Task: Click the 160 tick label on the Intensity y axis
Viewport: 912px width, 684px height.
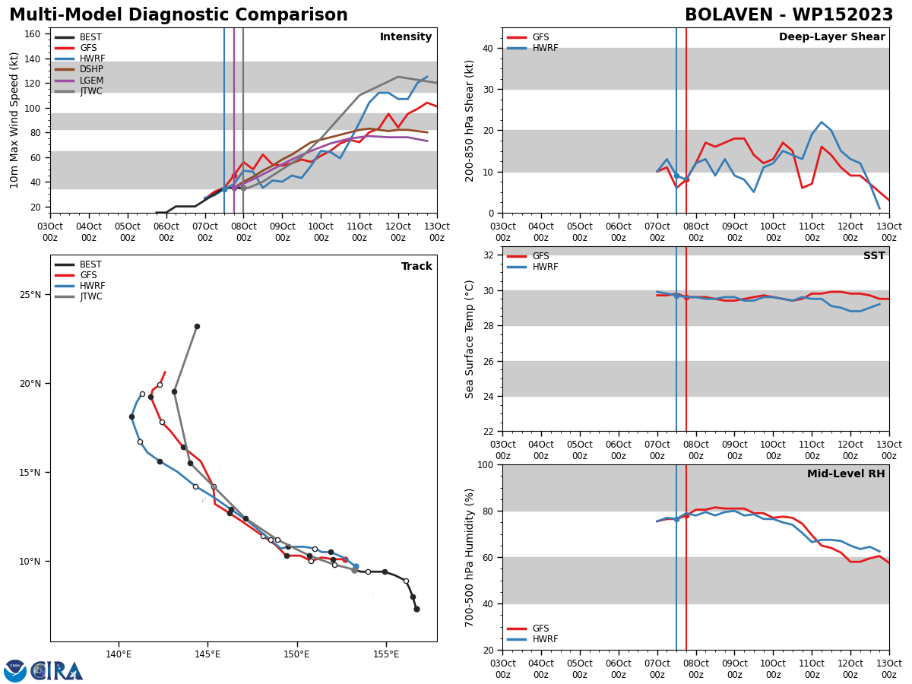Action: coord(33,34)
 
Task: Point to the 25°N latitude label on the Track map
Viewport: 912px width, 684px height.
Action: coord(30,294)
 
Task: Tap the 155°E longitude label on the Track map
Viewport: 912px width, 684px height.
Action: coord(386,654)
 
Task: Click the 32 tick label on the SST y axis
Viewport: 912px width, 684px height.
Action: coord(488,255)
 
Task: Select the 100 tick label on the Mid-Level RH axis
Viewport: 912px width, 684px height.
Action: coord(486,464)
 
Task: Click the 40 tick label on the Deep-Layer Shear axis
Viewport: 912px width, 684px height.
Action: coord(488,48)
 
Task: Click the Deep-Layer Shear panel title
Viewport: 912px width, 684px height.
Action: coord(831,36)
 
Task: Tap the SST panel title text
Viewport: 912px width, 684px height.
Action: coord(874,255)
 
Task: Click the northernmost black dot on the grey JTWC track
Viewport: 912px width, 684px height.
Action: coord(198,327)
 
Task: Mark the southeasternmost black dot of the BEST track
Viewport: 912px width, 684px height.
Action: coord(416,610)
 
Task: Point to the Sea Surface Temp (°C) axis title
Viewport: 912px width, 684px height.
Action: coord(469,339)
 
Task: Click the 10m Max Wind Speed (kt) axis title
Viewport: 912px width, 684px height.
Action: coord(14,120)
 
